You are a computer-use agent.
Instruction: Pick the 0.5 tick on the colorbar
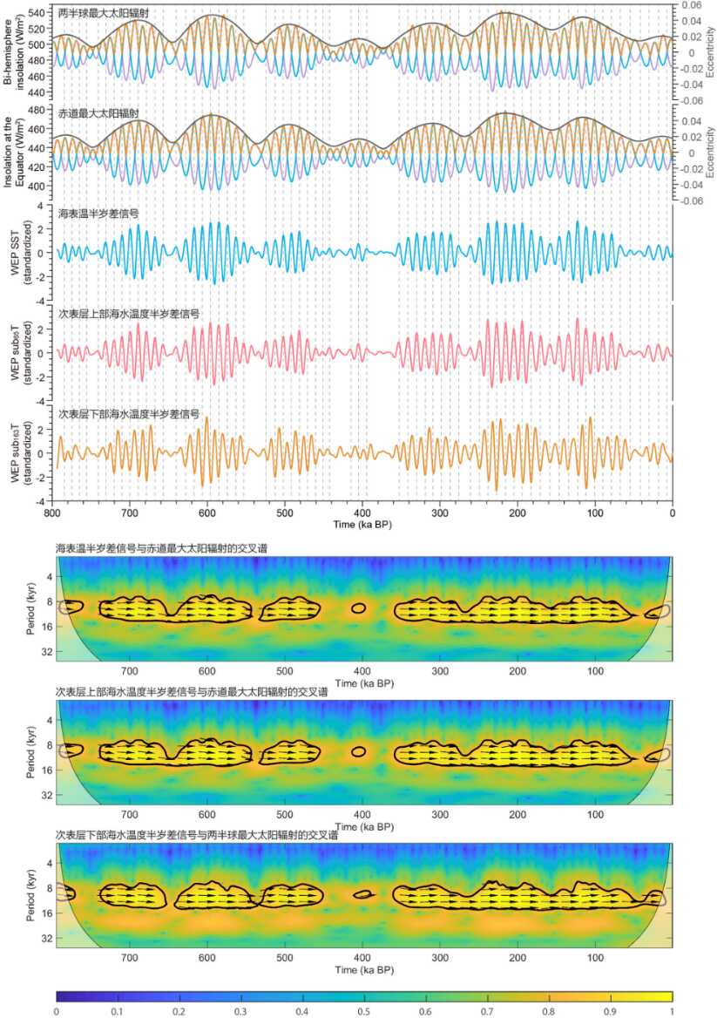pyautogui.click(x=364, y=1010)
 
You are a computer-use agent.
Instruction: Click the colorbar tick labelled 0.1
pyautogui.click(x=118, y=1010)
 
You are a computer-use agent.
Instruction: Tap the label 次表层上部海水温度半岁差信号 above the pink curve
pyautogui.click(x=129, y=314)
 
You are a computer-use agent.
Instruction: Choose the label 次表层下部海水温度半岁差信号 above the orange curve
pyautogui.click(x=129, y=414)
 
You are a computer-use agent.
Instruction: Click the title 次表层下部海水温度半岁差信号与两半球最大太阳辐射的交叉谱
pyautogui.click(x=196, y=836)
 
